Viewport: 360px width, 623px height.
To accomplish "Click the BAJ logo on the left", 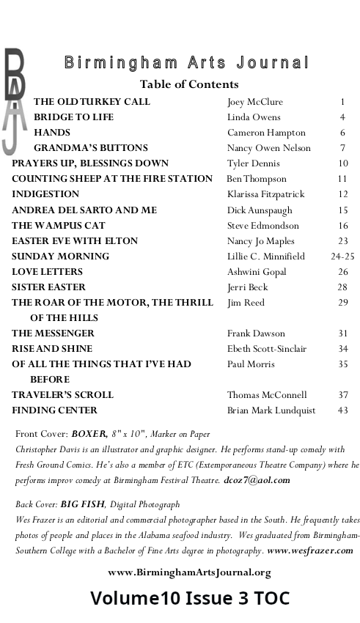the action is pyautogui.click(x=15, y=99).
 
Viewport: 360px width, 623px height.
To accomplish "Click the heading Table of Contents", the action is pyautogui.click(x=189, y=84).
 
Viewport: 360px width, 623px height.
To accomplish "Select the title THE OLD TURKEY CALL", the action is pyautogui.click(x=92, y=102).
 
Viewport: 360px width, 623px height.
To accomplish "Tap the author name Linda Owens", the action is pyautogui.click(x=253, y=117).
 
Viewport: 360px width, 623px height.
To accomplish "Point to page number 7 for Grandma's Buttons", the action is pyautogui.click(x=342, y=148).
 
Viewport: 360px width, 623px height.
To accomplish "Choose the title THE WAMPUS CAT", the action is pyautogui.click(x=59, y=226).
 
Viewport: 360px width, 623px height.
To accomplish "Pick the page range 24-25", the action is pyautogui.click(x=342, y=257).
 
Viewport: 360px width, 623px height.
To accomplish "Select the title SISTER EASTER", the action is pyautogui.click(x=48, y=287).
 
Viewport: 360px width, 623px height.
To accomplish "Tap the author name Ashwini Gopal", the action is pyautogui.click(x=256, y=272).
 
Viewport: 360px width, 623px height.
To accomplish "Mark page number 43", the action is pyautogui.click(x=342, y=410).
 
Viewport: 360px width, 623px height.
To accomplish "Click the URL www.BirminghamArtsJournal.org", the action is pyautogui.click(x=189, y=572).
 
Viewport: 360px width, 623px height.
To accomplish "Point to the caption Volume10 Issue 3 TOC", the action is pyautogui.click(x=190, y=599).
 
